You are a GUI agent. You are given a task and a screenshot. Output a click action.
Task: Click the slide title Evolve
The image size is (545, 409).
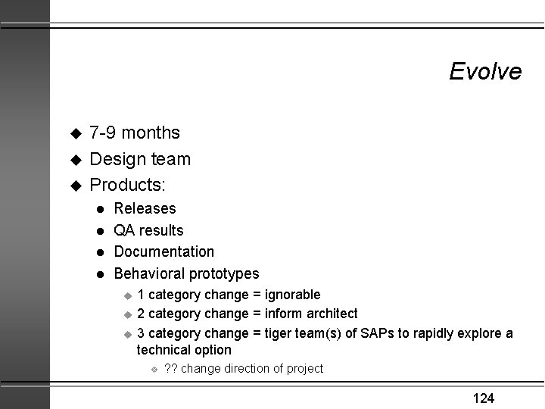pyautogui.click(x=484, y=71)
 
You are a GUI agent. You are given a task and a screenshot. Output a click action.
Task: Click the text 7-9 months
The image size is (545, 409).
pyautogui.click(x=135, y=133)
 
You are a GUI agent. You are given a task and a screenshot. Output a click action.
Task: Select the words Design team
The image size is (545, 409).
pyautogui.click(x=140, y=159)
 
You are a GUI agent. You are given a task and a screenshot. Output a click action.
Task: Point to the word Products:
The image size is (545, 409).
pyautogui.click(x=128, y=185)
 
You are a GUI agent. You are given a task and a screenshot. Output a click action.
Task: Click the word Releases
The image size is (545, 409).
pyautogui.click(x=145, y=208)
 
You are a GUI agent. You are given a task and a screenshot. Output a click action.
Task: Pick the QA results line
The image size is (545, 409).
pyautogui.click(x=148, y=230)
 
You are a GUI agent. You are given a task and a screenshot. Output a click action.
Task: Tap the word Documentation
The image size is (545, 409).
pyautogui.click(x=163, y=251)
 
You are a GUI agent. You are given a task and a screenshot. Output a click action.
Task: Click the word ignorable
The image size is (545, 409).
pyautogui.click(x=292, y=295)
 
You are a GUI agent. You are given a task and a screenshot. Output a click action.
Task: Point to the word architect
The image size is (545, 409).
pyautogui.click(x=329, y=314)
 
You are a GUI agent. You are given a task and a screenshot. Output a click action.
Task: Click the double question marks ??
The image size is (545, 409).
pyautogui.click(x=170, y=369)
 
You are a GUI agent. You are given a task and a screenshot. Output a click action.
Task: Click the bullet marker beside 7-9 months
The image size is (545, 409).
pyautogui.click(x=74, y=134)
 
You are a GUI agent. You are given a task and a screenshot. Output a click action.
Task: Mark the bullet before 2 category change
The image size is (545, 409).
pyautogui.click(x=128, y=314)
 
